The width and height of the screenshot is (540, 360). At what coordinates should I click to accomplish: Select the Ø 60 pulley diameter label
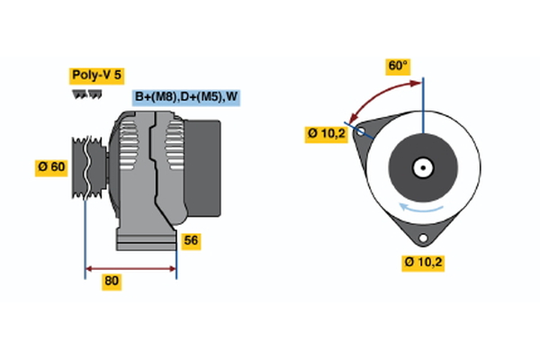coord(52,166)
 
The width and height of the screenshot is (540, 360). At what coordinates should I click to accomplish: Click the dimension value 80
coord(112,281)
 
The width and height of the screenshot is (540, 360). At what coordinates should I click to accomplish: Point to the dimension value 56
coord(191,240)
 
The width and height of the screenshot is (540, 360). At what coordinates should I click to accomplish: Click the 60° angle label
coord(398,66)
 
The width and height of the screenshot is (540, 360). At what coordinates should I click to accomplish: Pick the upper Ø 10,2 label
coord(326,134)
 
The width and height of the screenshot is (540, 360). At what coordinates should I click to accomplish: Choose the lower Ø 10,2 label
coord(424,262)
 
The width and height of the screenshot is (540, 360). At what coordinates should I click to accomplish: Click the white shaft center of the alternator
coord(423,166)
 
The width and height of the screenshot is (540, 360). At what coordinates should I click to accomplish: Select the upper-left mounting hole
coord(362,131)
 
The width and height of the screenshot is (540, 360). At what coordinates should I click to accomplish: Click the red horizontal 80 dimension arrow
coord(130,268)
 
